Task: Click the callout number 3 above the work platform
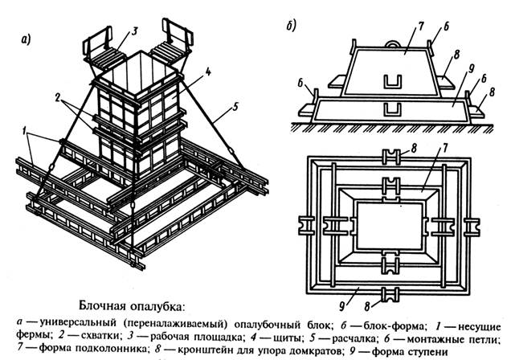point(135,30)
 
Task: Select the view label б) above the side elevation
point(290,25)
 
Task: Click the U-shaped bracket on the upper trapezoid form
point(394,80)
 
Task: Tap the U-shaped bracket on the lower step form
point(394,108)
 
